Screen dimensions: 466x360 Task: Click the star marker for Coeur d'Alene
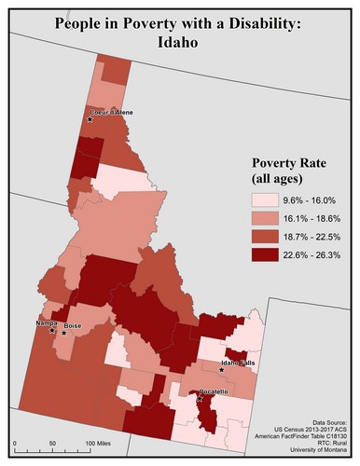point(90,120)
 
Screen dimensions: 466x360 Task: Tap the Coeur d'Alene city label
point(112,113)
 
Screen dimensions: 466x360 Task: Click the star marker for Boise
point(64,332)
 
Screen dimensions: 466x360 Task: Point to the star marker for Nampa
point(52,330)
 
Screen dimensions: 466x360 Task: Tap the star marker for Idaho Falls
point(222,371)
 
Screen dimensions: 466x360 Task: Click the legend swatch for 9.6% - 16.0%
point(266,199)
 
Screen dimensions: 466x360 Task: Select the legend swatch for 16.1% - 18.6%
point(266,217)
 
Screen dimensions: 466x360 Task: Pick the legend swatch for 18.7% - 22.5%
point(266,235)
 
